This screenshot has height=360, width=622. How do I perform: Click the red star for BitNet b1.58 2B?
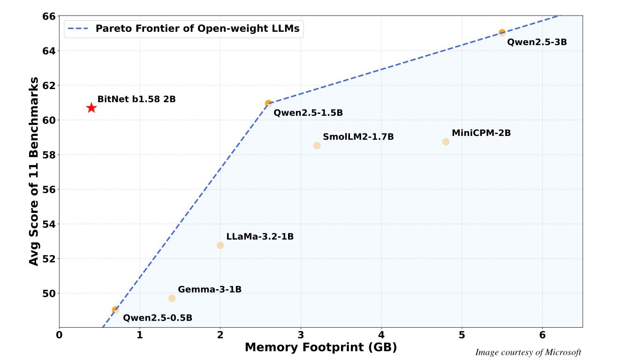point(91,108)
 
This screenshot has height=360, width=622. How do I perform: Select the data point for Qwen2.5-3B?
point(502,33)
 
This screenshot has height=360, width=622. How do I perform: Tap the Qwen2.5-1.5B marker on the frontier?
point(268,103)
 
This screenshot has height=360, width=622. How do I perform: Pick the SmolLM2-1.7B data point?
point(317,146)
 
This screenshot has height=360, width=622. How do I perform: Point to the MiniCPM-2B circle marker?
point(446,142)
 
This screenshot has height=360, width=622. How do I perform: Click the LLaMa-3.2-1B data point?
point(220,245)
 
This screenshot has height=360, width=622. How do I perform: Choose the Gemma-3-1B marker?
point(172,298)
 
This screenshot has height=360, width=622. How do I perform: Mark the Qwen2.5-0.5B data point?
point(115,310)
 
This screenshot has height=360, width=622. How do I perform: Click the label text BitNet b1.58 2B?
point(137,99)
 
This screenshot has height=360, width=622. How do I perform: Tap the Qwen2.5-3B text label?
point(537,42)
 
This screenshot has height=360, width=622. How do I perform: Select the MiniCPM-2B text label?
point(481,133)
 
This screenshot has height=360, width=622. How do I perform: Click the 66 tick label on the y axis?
point(49,16)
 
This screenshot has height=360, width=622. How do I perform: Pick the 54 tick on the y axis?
point(49,224)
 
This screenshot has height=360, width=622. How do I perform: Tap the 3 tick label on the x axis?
point(301,336)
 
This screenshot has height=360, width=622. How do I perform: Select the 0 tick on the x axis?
point(59,336)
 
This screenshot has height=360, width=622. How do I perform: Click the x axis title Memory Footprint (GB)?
point(321,347)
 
